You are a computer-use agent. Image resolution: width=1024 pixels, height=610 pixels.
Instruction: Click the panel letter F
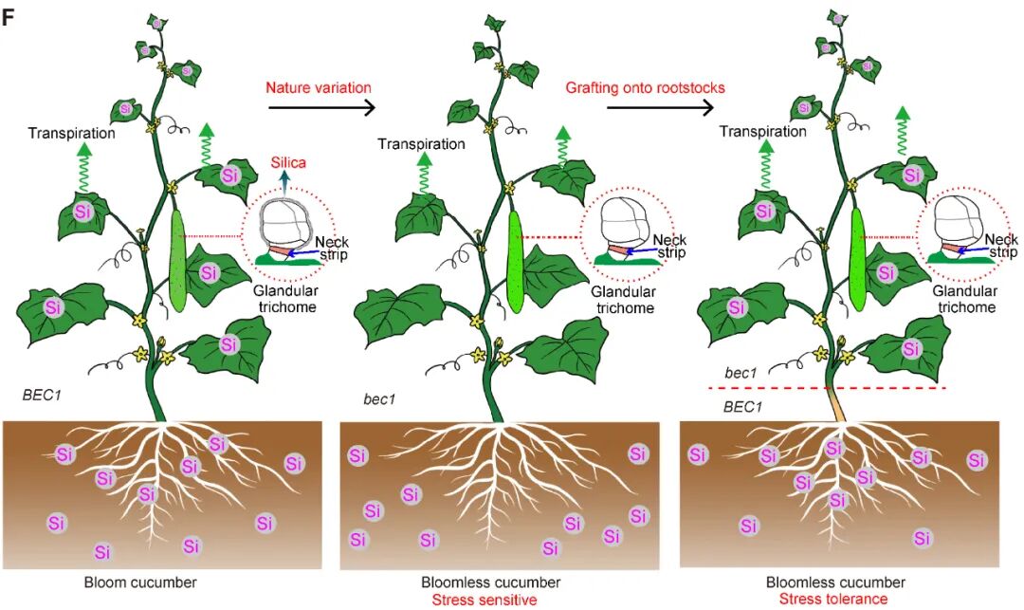point(9,17)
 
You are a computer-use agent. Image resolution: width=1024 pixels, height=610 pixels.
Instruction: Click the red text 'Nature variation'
point(319,87)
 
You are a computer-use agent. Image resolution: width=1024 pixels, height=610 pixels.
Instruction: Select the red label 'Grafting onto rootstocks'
point(646,87)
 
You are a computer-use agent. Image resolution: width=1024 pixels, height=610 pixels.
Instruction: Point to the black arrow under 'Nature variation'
point(322,108)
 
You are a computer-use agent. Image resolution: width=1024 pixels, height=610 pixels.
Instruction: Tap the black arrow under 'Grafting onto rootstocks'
point(660,107)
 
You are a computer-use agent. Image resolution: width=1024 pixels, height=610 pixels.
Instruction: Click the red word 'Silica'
point(288,162)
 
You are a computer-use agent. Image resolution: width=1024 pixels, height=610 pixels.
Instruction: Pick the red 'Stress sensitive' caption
point(485,600)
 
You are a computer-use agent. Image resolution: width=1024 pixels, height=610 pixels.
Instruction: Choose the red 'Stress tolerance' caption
point(833,599)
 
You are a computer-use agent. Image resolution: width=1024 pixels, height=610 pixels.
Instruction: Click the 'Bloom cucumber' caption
point(140,582)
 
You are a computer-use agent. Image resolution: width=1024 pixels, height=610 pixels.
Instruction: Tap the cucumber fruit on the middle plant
point(515,261)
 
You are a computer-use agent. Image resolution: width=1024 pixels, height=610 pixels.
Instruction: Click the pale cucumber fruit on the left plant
point(177,261)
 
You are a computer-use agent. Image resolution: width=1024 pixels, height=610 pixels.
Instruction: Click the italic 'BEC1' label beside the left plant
point(43,395)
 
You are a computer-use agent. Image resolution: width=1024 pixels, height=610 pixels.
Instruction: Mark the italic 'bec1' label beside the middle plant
point(379,398)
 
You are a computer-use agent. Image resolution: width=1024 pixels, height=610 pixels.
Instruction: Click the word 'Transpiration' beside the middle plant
point(421,143)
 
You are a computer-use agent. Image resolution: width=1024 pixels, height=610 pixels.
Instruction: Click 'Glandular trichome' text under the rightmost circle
point(964,299)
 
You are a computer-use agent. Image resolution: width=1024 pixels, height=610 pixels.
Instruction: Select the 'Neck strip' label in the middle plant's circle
point(670,247)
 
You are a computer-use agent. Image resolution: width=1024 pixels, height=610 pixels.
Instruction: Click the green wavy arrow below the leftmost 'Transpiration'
point(82,168)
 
